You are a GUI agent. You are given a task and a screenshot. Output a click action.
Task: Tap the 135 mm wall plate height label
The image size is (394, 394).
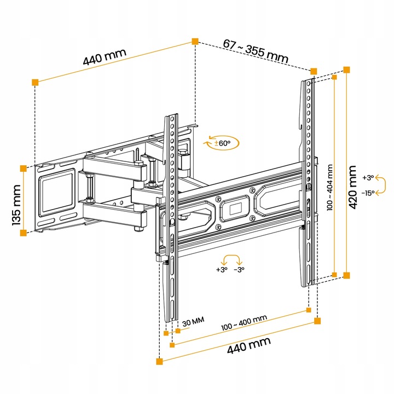(16, 200)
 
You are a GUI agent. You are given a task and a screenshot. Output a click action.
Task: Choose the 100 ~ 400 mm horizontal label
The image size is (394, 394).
(244, 323)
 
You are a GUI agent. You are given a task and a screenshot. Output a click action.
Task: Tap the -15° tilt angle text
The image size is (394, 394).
(368, 193)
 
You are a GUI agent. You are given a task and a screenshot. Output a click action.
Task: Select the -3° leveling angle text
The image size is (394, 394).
(239, 270)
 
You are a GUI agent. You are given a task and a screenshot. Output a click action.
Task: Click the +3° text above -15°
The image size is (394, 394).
(368, 177)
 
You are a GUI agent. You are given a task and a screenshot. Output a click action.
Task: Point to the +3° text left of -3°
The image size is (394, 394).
(221, 270)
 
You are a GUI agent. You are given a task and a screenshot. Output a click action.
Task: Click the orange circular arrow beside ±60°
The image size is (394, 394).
(212, 143)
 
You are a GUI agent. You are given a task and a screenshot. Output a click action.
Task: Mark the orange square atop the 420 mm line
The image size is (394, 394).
(346, 69)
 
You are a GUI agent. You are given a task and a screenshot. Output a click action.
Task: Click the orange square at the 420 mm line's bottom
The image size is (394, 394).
(346, 275)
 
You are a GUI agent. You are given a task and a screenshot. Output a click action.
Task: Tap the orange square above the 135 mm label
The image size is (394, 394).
(23, 168)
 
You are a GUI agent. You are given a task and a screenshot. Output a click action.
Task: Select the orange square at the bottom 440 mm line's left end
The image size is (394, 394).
(159, 361)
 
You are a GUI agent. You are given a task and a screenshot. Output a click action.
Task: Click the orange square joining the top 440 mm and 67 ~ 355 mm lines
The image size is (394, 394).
(195, 41)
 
